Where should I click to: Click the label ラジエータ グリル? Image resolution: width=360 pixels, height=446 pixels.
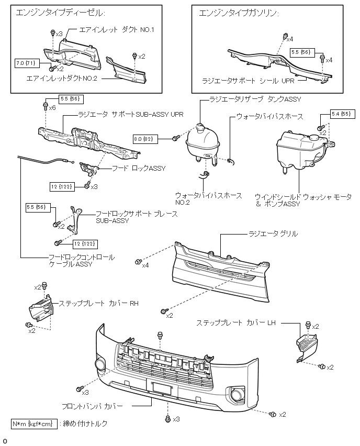(x=273, y=234)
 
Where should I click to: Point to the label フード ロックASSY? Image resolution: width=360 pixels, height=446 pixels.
(x=139, y=169)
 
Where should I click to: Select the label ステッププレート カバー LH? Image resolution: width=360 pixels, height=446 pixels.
(x=235, y=324)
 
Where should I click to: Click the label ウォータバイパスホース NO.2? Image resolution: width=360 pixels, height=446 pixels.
(x=209, y=199)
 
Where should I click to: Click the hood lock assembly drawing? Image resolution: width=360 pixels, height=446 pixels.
(x=89, y=169)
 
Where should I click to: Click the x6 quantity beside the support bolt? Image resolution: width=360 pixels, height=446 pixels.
(x=52, y=107)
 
